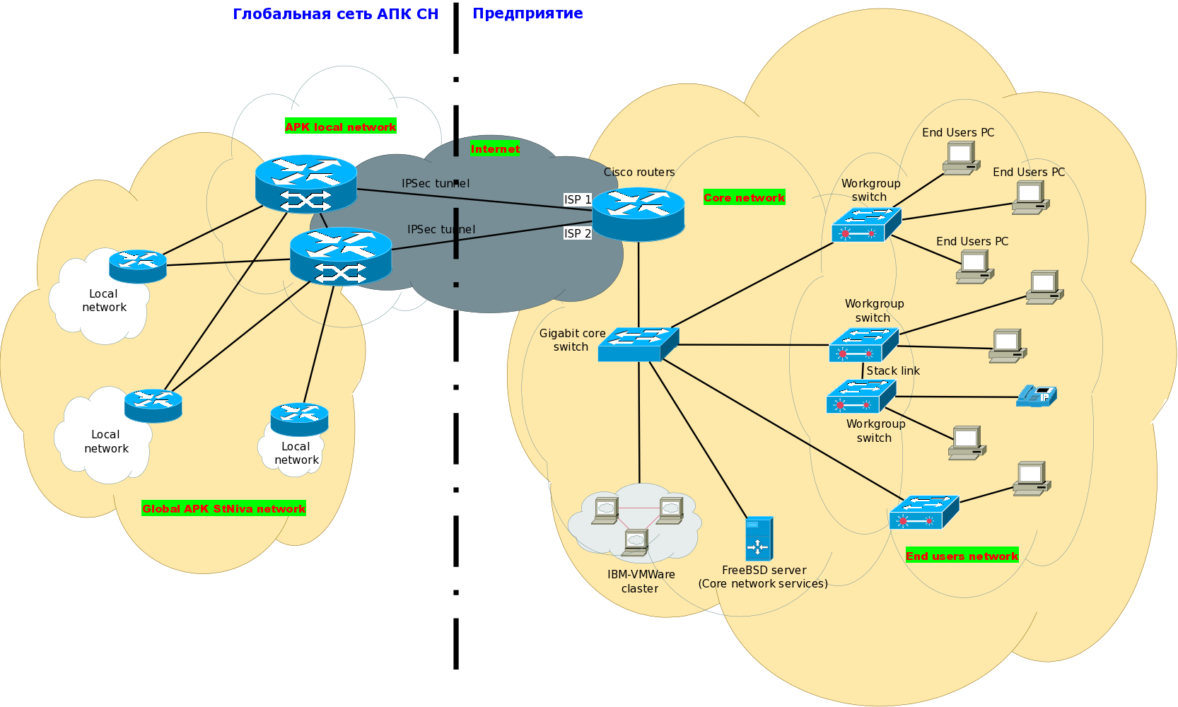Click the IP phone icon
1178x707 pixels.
pyautogui.click(x=1037, y=396)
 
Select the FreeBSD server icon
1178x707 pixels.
pyautogui.click(x=759, y=539)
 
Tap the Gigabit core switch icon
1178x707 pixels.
pyautogui.click(x=638, y=344)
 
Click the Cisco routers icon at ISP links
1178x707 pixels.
pyautogui.click(x=638, y=214)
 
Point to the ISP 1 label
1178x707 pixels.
pyautogui.click(x=577, y=199)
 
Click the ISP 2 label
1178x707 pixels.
pyautogui.click(x=577, y=233)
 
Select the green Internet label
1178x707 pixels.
pyautogui.click(x=495, y=148)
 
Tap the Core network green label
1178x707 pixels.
pyautogui.click(x=744, y=197)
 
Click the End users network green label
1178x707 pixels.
pyautogui.click(x=962, y=556)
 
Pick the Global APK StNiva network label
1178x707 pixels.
pyautogui.click(x=223, y=508)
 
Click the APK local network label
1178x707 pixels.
pyautogui.click(x=340, y=127)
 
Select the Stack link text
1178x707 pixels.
pyautogui.click(x=892, y=370)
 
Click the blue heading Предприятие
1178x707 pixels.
pyautogui.click(x=527, y=13)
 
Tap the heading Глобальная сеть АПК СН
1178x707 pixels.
pyautogui.click(x=335, y=14)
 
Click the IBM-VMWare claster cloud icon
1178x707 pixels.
pyautogui.click(x=635, y=523)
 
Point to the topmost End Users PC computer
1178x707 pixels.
pyautogui.click(x=960, y=158)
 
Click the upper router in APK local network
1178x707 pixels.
pyautogui.click(x=305, y=183)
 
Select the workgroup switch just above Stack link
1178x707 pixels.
pyautogui.click(x=863, y=345)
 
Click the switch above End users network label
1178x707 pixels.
pyautogui.click(x=923, y=513)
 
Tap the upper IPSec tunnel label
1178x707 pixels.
pyautogui.click(x=435, y=183)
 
